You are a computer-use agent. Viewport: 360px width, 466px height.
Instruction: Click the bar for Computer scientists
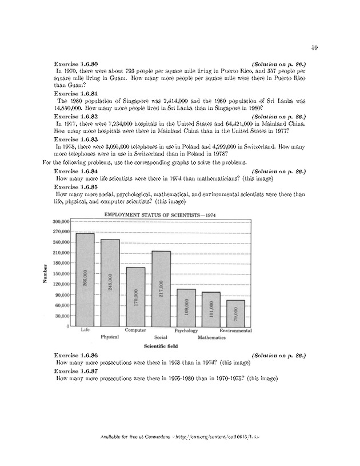[135, 296]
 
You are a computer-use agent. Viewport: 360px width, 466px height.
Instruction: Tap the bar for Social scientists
[161, 288]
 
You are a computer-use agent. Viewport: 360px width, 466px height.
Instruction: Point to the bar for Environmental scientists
[237, 313]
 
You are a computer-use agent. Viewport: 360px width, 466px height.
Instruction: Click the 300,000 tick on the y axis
[60, 221]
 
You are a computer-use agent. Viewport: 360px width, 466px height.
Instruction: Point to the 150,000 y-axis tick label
[60, 273]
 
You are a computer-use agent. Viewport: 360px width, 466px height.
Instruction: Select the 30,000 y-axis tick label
[61, 316]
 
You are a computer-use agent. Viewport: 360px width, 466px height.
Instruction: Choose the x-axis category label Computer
[135, 330]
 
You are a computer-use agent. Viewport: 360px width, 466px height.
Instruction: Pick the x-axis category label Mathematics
[211, 337]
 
